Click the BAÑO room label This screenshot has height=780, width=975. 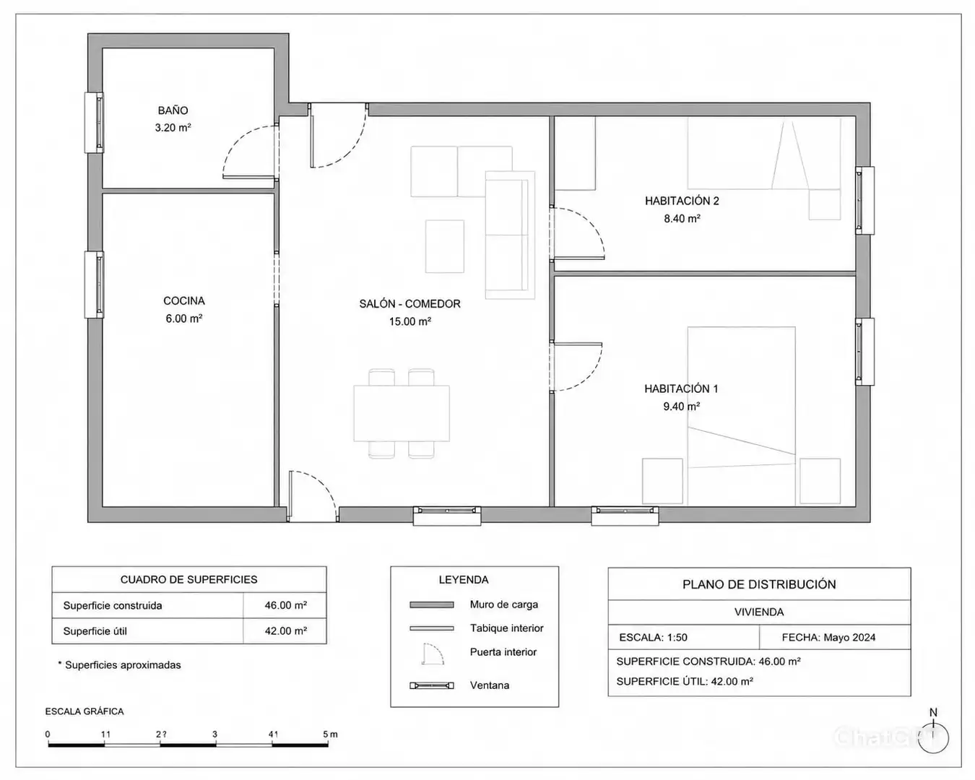[173, 110]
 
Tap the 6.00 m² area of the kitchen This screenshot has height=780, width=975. [183, 318]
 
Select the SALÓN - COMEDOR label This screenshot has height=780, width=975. [409, 303]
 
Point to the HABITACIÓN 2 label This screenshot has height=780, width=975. [682, 201]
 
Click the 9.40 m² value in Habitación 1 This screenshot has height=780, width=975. [681, 406]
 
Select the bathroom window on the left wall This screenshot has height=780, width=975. [94, 122]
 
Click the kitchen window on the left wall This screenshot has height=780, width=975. [94, 285]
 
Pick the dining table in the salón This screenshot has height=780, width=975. [402, 413]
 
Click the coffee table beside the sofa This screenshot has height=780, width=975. [444, 246]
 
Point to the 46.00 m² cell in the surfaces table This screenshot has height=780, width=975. [286, 605]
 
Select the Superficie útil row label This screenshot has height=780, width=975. [95, 631]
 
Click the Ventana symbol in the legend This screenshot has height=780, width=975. [432, 685]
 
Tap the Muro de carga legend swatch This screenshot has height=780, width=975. [432, 604]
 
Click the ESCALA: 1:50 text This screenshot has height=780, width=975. [653, 637]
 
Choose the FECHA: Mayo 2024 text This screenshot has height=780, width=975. [828, 637]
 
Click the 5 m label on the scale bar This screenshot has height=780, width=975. [330, 734]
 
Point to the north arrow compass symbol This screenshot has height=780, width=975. [933, 737]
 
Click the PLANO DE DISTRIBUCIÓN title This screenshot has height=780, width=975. [759, 584]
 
